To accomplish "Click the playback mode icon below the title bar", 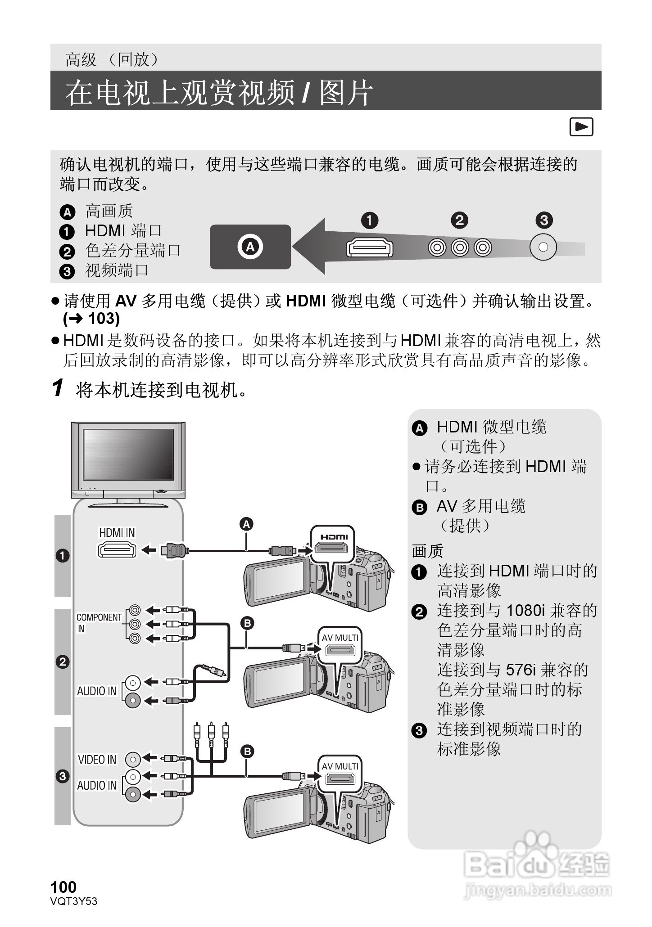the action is coord(581,127).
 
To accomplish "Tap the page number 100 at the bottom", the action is coord(63,887).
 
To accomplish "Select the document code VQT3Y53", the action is coord(74,901).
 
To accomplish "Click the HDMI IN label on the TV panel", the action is coord(117,532).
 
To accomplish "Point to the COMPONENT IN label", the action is coord(99,622).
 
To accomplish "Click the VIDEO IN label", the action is coord(97,760).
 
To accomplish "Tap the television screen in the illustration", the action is coord(128,454).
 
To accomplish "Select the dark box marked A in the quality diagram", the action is coord(250,247).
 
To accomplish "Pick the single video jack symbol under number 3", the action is coord(543,247).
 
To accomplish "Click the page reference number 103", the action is coord(104,319).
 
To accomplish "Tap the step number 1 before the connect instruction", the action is coord(57,388).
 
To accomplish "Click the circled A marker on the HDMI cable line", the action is coord(246,524).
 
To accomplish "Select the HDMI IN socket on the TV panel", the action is coord(117,550).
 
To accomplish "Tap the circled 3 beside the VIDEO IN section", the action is coord(63,776).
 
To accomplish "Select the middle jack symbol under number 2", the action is coord(459,247).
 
